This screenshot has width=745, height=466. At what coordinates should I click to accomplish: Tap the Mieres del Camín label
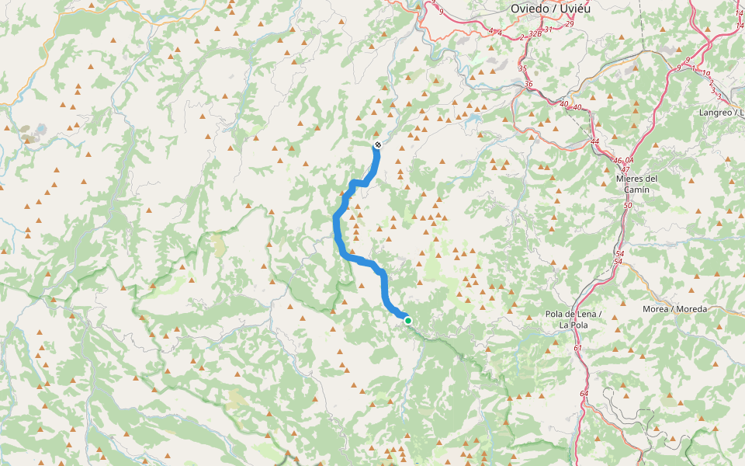point(636,183)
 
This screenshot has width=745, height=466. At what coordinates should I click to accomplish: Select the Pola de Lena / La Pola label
point(573,320)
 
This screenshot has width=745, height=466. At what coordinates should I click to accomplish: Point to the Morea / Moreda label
point(674,309)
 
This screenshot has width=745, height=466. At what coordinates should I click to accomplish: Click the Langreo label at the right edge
point(721,113)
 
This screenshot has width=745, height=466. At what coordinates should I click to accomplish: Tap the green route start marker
point(407,319)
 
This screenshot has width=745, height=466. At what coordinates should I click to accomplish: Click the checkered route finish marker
point(377,145)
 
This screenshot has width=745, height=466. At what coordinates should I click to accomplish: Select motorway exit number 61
point(578,348)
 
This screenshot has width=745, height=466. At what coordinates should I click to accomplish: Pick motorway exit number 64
point(584,395)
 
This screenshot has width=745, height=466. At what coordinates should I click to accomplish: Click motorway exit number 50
point(627,205)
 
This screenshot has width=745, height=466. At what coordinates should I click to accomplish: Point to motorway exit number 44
point(594,141)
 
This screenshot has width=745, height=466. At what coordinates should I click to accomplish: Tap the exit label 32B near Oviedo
point(535,34)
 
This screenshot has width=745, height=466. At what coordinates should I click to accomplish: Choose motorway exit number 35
point(521,68)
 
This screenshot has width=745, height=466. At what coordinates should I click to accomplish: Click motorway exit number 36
point(528,84)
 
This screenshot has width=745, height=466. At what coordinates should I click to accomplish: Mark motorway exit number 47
point(625,169)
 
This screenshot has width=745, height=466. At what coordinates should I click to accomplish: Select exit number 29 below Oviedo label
point(569,24)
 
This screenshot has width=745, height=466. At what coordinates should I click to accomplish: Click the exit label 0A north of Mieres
point(629,160)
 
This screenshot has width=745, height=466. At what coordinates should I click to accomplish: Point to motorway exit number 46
point(618,160)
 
